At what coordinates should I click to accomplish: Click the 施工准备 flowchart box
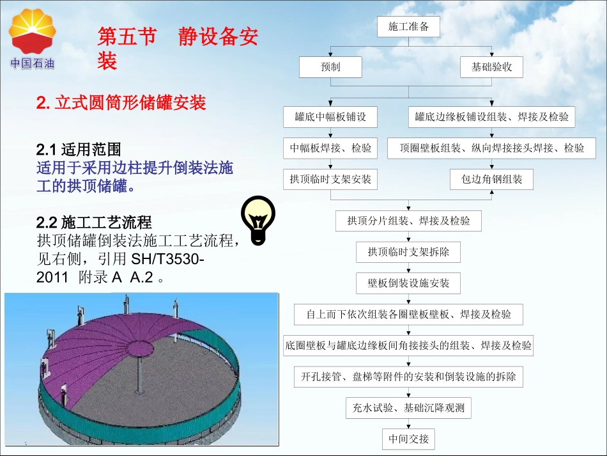tap(409, 27)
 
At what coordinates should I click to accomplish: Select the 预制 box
tap(330, 67)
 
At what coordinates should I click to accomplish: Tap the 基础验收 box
tap(492, 67)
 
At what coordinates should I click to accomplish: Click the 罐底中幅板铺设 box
tap(330, 117)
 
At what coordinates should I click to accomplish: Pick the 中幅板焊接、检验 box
tap(330, 148)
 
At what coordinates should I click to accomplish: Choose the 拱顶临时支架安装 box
tap(330, 179)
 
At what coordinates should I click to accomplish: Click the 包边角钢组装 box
tap(492, 179)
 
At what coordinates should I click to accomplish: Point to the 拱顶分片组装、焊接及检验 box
tap(409, 221)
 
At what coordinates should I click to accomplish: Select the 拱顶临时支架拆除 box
tap(409, 252)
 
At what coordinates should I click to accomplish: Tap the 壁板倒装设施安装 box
tap(409, 283)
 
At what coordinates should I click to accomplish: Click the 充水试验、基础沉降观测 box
tap(409, 408)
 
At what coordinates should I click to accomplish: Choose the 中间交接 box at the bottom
tap(409, 439)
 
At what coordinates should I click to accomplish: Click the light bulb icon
tap(257, 219)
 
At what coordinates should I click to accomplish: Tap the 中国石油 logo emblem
tap(32, 32)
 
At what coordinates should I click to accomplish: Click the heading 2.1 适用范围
tap(79, 150)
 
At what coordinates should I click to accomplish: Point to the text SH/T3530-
tap(168, 261)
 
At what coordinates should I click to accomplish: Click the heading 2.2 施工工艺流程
tap(94, 223)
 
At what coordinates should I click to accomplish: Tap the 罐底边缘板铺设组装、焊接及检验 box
tap(492, 117)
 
